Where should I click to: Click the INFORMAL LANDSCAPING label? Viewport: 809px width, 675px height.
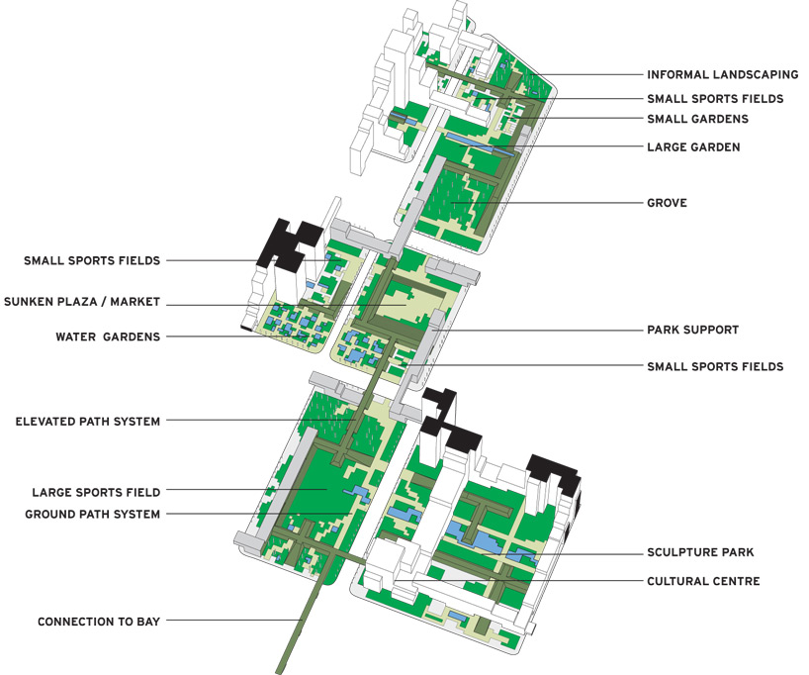coord(722,74)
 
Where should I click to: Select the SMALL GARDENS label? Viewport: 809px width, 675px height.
coord(697,119)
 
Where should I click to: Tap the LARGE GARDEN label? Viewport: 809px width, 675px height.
coord(693,146)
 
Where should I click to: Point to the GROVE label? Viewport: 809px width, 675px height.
coord(667,203)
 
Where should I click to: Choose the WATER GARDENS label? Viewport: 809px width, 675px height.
coord(108,337)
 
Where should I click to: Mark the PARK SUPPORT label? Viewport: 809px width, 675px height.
coord(692,330)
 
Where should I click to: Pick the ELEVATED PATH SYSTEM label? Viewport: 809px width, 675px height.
coord(88,422)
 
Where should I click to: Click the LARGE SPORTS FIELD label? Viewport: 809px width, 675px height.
coord(96,491)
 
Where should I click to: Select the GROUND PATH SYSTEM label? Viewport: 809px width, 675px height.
coord(92,514)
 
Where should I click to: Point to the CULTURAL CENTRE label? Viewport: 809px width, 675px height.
coord(703,581)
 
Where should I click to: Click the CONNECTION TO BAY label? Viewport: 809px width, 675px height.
coord(99,622)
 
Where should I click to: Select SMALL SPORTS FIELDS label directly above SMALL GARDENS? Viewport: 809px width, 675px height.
coord(715,99)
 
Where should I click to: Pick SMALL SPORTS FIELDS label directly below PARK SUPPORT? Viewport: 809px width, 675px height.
coord(715,366)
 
